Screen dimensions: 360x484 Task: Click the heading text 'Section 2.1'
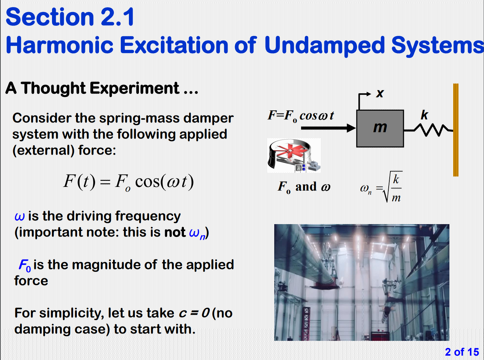point(70,17)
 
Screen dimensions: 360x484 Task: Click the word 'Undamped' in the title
point(324,45)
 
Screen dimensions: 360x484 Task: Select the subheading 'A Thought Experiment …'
point(102,88)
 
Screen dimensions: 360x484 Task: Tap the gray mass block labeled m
point(380,128)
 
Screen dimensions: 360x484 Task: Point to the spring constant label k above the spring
point(424,115)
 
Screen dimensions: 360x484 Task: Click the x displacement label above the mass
point(380,93)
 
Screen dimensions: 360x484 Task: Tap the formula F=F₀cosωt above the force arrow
point(300,116)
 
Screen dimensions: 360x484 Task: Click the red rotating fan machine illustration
point(294,155)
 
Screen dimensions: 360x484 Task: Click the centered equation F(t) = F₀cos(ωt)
point(129,182)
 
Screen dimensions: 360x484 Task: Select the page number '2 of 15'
point(462,352)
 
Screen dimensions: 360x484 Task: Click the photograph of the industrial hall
point(361,282)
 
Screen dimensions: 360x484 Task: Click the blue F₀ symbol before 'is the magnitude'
point(25,265)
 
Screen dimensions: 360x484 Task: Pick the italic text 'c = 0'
point(194,313)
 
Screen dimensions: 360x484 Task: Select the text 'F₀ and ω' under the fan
point(304,187)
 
